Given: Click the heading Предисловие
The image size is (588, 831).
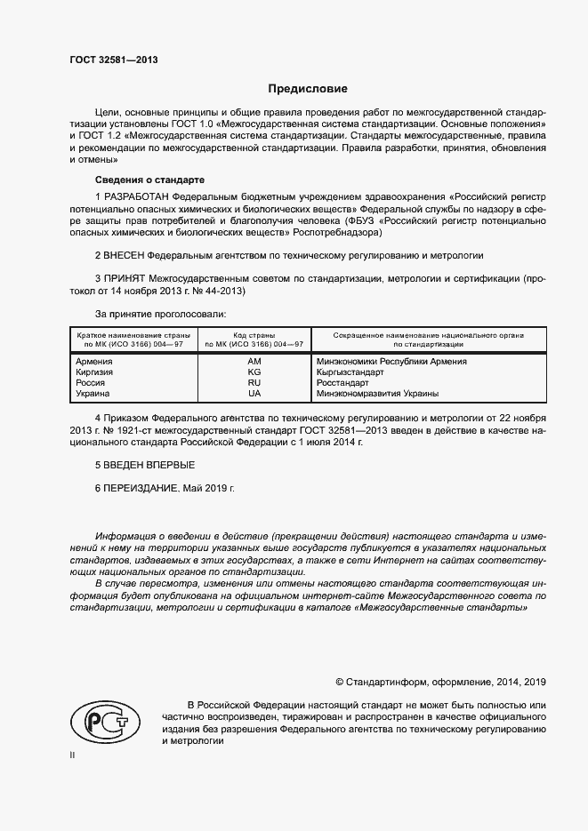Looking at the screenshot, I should coord(309,89).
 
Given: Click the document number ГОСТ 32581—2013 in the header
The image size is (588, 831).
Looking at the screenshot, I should coord(113,60).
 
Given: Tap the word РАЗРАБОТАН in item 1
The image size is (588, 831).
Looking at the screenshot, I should coord(136,196).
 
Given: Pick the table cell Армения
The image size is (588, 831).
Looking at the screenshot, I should coord(94,362).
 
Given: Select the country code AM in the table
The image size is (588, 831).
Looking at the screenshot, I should coord(254,362).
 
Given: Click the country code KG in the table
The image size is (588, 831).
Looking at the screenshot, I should coord(254,372).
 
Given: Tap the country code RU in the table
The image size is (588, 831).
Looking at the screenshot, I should coord(254,383).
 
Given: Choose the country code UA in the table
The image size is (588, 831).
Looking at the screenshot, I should coord(254,394).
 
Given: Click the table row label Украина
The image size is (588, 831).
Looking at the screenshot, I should coord(93,394).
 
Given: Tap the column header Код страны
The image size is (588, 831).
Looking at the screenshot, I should coord(254,334).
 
